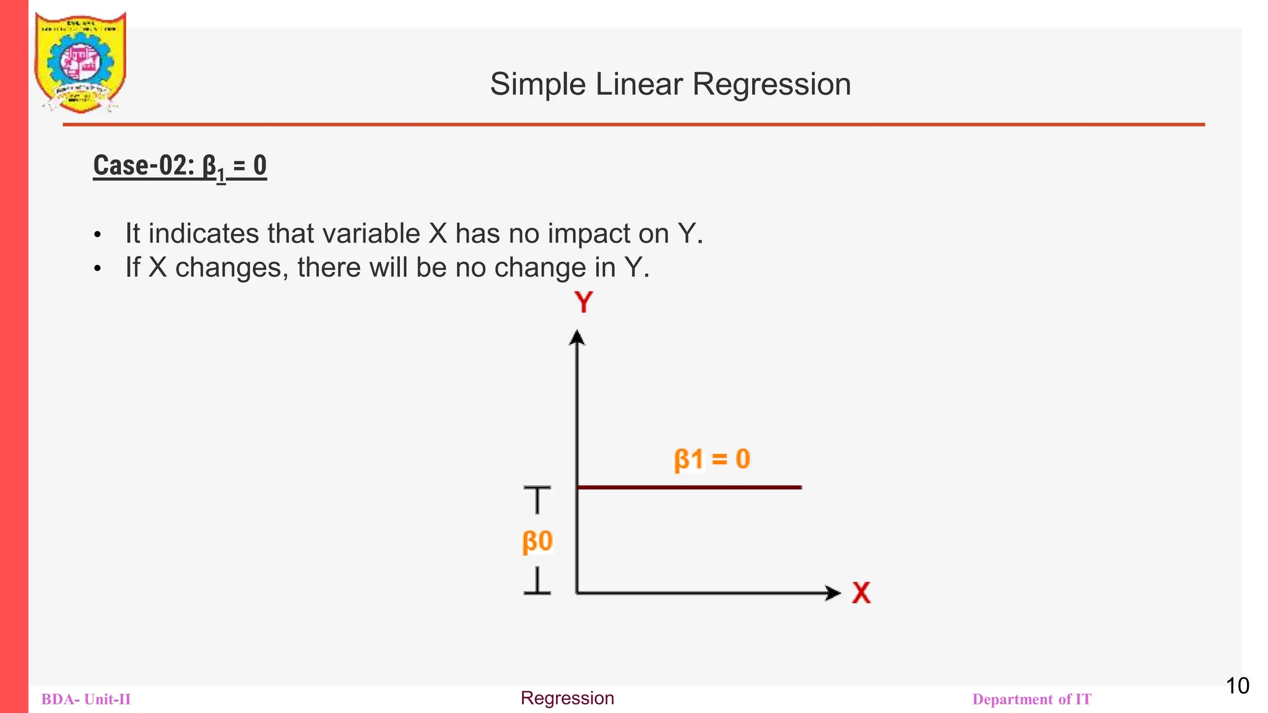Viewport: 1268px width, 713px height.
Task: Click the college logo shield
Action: click(80, 62)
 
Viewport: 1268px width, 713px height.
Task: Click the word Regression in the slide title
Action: click(771, 84)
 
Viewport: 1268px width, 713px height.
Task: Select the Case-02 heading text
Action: click(180, 166)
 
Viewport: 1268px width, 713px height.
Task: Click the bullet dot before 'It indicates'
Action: click(97, 235)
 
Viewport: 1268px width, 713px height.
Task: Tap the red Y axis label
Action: click(583, 303)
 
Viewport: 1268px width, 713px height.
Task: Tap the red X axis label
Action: click(861, 592)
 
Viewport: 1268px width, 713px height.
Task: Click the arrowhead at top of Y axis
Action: click(577, 338)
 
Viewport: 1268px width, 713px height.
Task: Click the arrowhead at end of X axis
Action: click(833, 593)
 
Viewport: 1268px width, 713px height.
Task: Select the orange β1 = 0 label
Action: click(712, 460)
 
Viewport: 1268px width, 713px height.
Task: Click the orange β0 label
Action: click(537, 541)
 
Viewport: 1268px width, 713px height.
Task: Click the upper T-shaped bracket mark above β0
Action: click(537, 499)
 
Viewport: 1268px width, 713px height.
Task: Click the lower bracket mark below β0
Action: click(537, 582)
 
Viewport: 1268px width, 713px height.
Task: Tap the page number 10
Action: click(1237, 686)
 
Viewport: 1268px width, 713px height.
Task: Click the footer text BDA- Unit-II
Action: click(86, 699)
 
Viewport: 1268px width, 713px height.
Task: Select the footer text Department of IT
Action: click(1031, 699)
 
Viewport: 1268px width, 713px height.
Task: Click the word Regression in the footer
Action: click(567, 698)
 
